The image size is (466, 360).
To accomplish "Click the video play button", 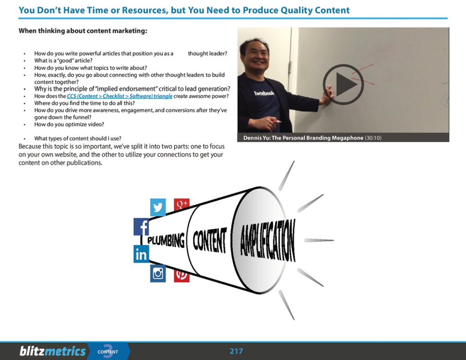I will pos(343,84).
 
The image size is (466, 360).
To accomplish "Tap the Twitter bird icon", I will pos(158,208).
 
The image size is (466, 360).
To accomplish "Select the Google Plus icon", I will pos(182,204).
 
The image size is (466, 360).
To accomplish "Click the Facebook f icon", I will pos(142,227).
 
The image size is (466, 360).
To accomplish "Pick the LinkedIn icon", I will pos(141,254).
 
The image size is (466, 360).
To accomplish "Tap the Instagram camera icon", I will pos(158,273).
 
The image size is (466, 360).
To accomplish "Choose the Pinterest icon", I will pos(182,274).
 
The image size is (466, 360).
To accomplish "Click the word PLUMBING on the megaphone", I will pos(166,240).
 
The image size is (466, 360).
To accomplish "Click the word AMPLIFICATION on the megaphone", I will pos(268,240).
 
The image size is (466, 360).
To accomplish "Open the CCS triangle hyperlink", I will pos(120,96).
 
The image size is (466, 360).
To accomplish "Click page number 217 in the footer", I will pos(236,351).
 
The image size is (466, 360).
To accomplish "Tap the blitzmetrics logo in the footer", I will pos(52,351).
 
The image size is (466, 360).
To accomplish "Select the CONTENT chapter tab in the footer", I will pos(108,351).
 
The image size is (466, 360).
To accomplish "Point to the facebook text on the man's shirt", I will pos(263,93).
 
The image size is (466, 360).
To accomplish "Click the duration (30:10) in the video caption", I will pos(373,138).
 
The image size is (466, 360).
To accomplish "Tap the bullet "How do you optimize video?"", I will pos(69,124).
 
